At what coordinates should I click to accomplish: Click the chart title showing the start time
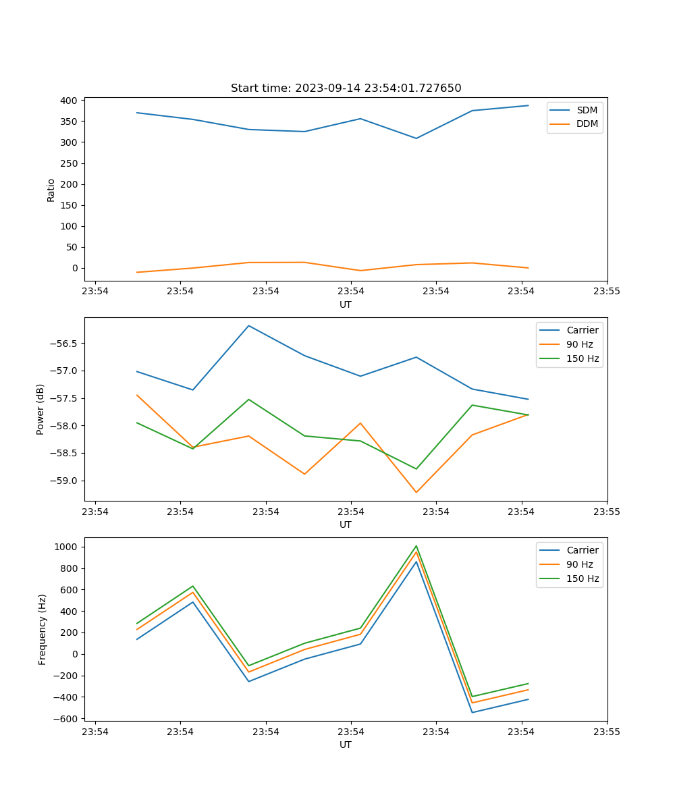[346, 88]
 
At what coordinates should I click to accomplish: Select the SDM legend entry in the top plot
[587, 110]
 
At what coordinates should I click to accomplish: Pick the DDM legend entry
[587, 124]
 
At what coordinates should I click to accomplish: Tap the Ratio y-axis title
[51, 190]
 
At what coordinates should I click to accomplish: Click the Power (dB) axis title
[40, 409]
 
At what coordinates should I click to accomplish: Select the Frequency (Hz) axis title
[42, 629]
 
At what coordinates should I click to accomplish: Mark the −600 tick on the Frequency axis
[68, 719]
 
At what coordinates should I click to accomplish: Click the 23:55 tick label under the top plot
[607, 291]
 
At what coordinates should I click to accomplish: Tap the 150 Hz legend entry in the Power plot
[583, 358]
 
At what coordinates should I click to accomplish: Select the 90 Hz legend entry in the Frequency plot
[579, 564]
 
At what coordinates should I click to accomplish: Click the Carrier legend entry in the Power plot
[582, 330]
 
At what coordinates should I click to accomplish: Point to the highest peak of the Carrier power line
[249, 325]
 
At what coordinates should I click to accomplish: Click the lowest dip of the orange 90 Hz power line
[416, 492]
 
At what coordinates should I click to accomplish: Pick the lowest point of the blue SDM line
[416, 138]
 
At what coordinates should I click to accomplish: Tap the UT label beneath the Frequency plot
[346, 745]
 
